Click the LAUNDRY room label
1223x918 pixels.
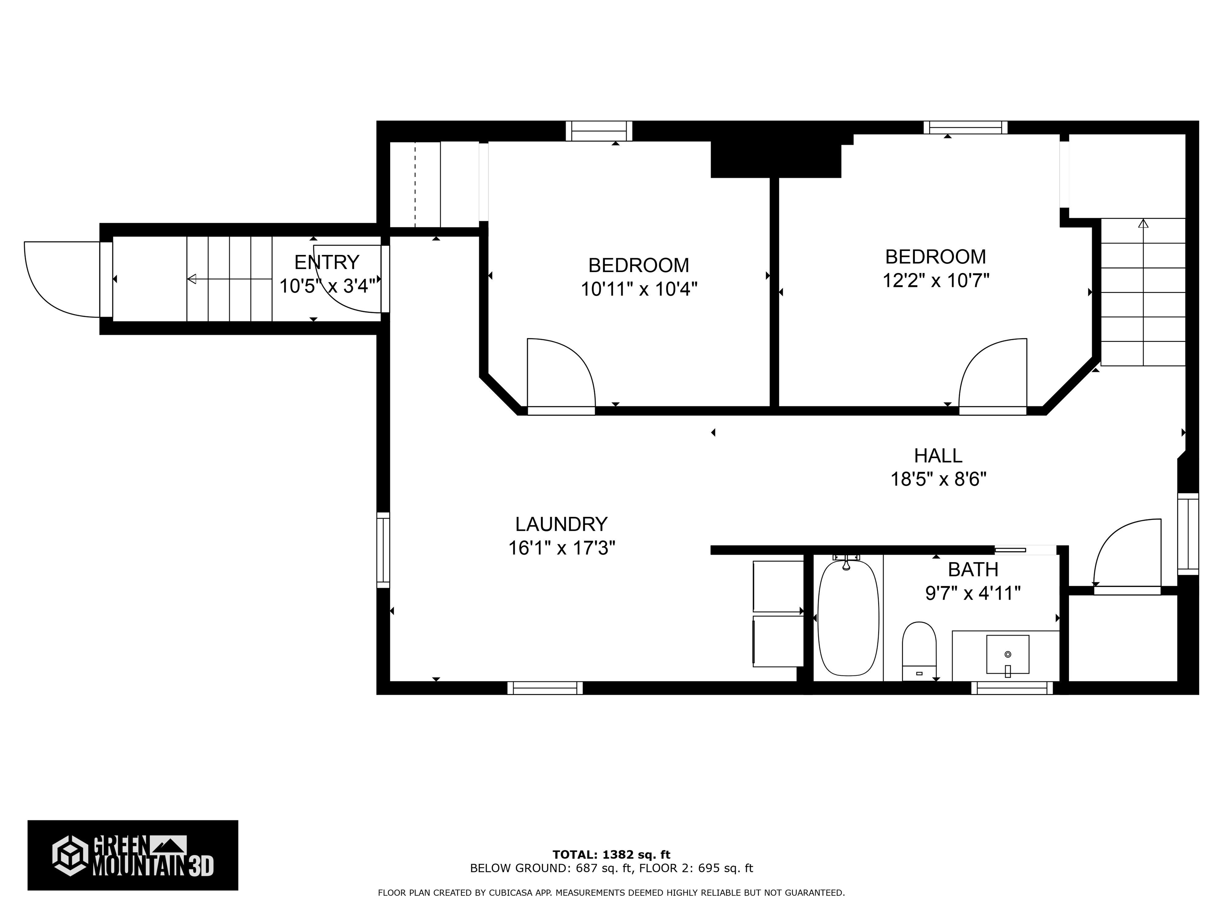[561, 524]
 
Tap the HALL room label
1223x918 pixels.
[938, 455]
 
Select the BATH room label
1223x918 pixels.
[973, 569]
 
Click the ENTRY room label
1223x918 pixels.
[327, 262]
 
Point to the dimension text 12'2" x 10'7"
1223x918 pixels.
[936, 280]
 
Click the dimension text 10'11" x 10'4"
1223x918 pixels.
[639, 289]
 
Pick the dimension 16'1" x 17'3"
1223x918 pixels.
[562, 548]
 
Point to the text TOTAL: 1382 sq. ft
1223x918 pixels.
[611, 855]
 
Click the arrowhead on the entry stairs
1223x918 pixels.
[191, 279]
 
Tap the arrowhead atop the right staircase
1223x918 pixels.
[1143, 224]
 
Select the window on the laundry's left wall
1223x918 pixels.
[383, 550]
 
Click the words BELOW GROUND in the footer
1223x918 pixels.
[518, 868]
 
